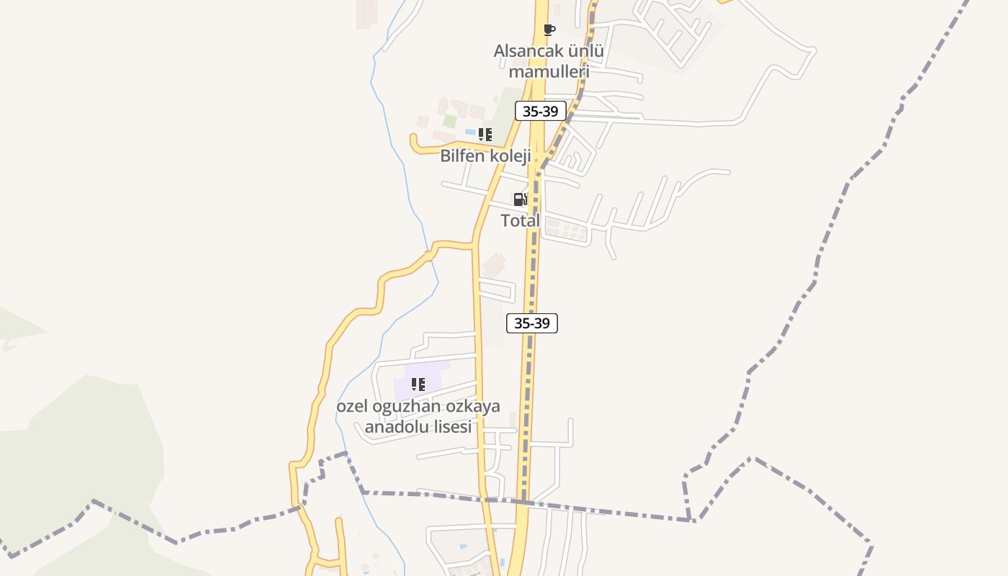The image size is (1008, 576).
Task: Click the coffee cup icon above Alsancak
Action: click(x=549, y=30)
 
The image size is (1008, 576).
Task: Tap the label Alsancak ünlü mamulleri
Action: click(x=549, y=61)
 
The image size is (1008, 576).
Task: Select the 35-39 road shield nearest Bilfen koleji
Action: click(x=541, y=111)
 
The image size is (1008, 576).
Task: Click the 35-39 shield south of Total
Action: click(x=532, y=323)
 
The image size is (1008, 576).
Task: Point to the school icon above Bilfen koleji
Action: click(x=485, y=135)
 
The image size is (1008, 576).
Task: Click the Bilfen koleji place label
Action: click(x=485, y=156)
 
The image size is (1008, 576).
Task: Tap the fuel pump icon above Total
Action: click(x=520, y=199)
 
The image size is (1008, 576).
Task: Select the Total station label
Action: click(x=520, y=221)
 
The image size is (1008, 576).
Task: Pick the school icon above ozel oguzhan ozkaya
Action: click(x=418, y=384)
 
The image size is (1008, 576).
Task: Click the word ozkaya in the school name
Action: click(x=472, y=406)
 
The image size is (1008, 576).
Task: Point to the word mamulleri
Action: click(x=549, y=71)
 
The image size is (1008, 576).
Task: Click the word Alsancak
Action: click(x=526, y=51)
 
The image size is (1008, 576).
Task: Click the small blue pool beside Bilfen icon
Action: click(x=469, y=132)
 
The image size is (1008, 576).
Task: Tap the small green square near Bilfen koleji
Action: click(x=449, y=121)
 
